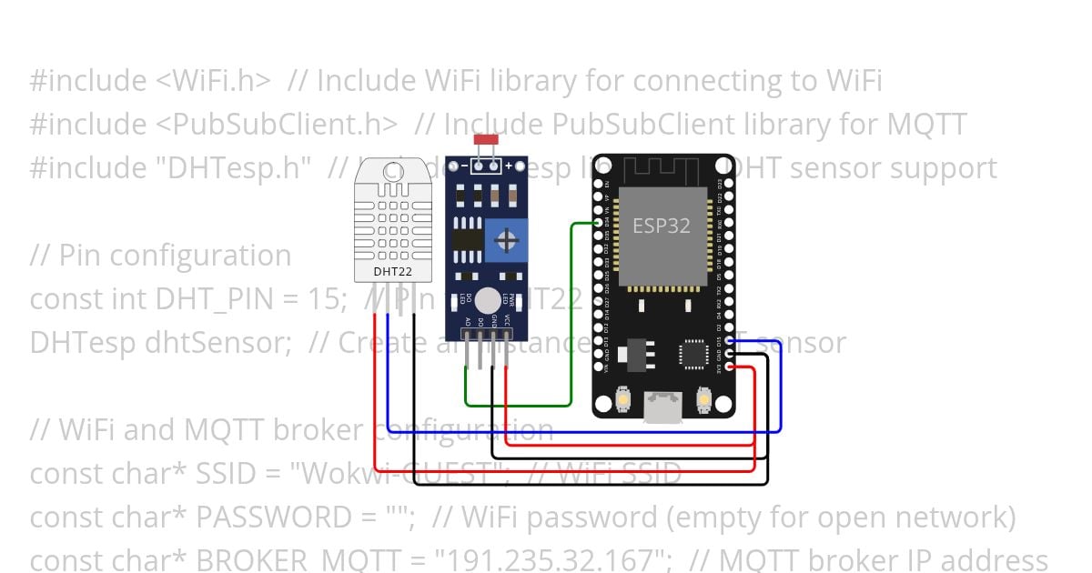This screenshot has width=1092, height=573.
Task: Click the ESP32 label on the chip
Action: click(x=661, y=226)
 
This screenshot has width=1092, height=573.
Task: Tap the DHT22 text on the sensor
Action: click(x=391, y=271)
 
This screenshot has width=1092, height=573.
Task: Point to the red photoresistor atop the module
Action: click(x=486, y=141)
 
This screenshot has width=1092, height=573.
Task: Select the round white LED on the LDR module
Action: click(x=488, y=298)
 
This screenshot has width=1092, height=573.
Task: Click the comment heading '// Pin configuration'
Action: click(x=160, y=256)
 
